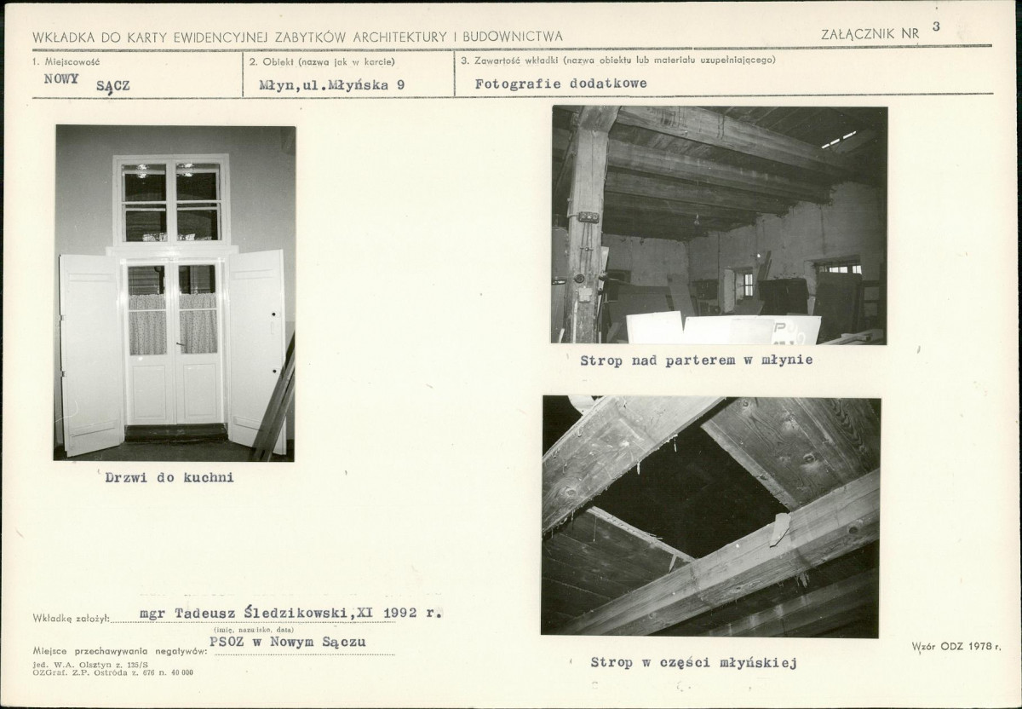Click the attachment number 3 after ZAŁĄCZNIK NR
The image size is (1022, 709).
(936, 26)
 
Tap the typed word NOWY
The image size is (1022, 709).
(61, 78)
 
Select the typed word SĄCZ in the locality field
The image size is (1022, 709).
(113, 86)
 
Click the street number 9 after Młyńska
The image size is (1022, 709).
(400, 85)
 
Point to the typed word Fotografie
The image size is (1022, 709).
(518, 84)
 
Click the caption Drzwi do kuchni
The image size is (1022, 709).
(169, 477)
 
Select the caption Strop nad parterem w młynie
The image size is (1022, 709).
(697, 360)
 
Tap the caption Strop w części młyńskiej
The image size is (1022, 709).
(693, 662)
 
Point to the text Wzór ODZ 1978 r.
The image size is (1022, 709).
(956, 647)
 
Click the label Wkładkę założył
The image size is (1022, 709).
(72, 619)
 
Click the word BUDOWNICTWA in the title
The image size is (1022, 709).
(513, 37)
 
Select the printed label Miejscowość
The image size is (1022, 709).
(72, 61)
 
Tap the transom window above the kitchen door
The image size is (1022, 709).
(171, 201)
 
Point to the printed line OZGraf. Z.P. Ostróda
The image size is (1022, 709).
(112, 672)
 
